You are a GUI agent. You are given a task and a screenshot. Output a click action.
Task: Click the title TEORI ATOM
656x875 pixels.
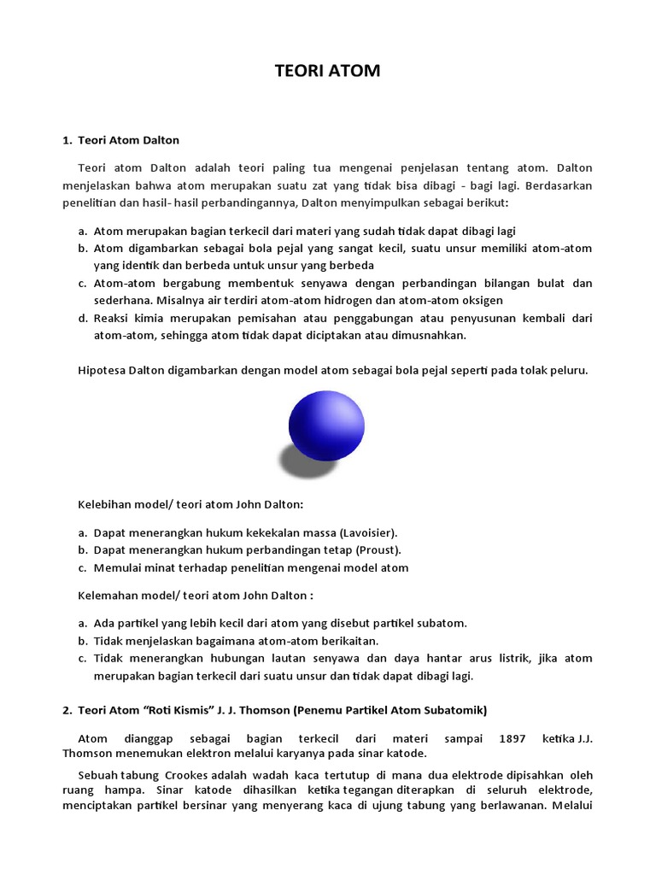pos(328,72)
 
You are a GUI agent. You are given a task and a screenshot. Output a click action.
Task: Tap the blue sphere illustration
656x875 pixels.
pos(326,425)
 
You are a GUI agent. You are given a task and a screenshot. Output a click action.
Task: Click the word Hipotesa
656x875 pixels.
pos(104,370)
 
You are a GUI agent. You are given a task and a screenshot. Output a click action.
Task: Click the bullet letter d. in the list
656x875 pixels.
pos(83,318)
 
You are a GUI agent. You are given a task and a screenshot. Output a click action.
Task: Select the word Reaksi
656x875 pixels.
pos(111,318)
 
